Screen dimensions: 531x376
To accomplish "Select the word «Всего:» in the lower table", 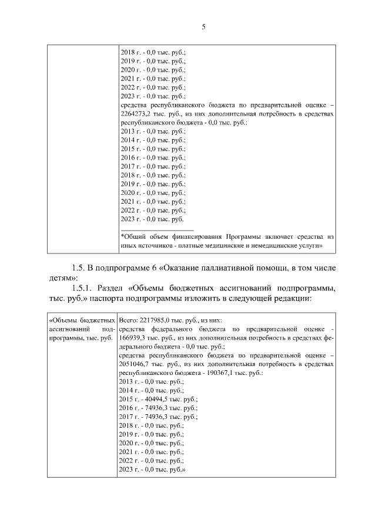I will pyautogui.click(x=129, y=321).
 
